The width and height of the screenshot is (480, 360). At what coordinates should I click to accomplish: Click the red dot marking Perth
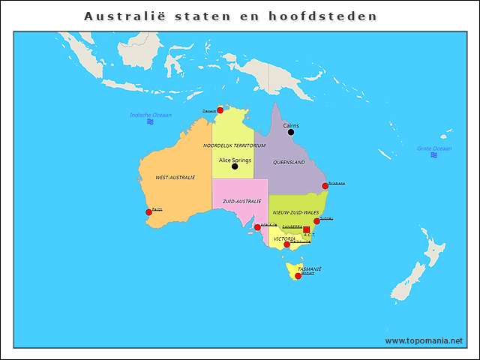tap(148, 212)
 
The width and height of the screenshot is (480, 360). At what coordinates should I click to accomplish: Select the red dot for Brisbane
tap(325, 185)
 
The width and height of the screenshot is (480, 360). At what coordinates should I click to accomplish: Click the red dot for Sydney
tap(316, 221)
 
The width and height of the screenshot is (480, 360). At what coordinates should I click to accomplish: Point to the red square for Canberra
tap(306, 229)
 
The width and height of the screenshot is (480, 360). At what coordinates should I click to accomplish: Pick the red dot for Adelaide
tap(257, 227)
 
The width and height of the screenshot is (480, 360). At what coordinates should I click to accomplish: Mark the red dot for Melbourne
tap(286, 244)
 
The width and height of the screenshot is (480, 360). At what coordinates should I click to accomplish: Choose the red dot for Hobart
tap(298, 276)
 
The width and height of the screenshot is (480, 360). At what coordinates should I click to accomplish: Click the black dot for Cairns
tap(291, 133)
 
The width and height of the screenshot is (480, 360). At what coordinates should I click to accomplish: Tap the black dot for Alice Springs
tap(235, 166)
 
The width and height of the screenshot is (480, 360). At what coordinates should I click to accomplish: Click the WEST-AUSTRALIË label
tap(175, 178)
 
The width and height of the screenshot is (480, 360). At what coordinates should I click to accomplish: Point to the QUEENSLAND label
tap(289, 162)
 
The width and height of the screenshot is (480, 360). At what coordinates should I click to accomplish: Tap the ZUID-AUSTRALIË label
tap(241, 202)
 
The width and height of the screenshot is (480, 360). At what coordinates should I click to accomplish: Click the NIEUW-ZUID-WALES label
tap(295, 213)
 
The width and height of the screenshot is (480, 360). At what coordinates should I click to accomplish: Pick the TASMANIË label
tap(310, 268)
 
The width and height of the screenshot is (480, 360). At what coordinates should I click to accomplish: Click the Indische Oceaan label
tap(151, 115)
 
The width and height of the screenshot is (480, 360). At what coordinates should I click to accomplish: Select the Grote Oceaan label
tap(434, 148)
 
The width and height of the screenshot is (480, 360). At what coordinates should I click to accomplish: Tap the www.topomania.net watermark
tap(424, 340)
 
